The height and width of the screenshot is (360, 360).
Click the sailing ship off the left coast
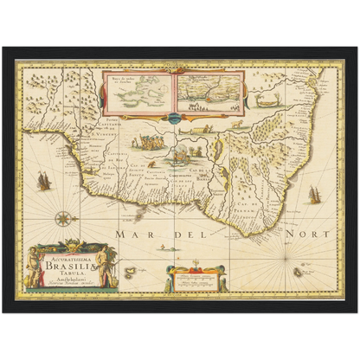click(x=42, y=181)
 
